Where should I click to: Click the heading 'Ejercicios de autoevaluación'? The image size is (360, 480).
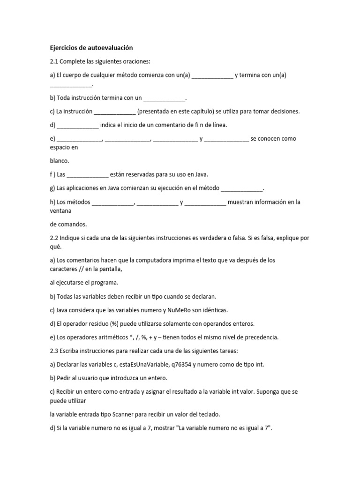click(x=92, y=48)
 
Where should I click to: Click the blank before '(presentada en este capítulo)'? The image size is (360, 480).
click(x=115, y=112)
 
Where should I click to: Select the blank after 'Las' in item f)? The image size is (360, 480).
click(x=88, y=174)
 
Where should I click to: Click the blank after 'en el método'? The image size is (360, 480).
click(x=242, y=188)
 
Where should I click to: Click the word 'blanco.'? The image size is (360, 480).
click(x=60, y=160)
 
